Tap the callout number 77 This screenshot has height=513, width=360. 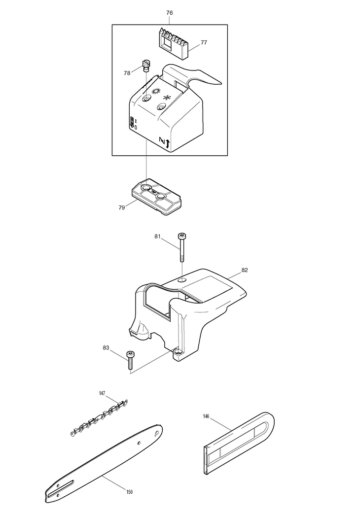(x=203, y=43)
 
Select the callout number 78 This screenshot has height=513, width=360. (x=127, y=73)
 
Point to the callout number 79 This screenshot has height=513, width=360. (x=121, y=207)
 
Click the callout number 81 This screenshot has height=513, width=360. (x=158, y=237)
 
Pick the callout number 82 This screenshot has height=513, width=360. (x=245, y=270)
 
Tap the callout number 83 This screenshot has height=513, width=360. (x=106, y=347)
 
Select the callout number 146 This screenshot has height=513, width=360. (x=206, y=416)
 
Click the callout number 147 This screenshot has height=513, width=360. (x=102, y=393)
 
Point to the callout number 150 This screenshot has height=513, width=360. (x=129, y=492)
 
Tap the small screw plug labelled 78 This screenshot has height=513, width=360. (x=146, y=65)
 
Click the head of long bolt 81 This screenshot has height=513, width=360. (x=182, y=237)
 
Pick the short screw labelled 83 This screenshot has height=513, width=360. (x=131, y=359)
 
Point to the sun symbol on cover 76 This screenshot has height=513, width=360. (x=156, y=91)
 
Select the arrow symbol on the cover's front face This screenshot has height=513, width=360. (x=168, y=143)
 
